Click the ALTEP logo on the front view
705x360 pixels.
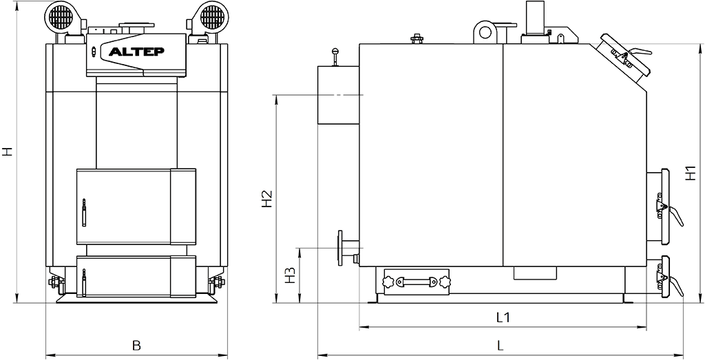pos(137,51)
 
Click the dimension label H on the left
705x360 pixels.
pos(7,151)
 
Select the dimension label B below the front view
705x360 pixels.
pos(137,345)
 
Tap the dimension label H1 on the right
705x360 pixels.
pos(691,173)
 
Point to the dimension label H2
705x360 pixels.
pos(267,199)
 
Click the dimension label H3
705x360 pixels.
pos(290,275)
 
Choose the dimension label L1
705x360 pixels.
pos(503,317)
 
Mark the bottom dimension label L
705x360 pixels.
pos(501,345)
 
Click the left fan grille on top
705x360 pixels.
pos(61,17)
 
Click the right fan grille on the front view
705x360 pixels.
pos(212,17)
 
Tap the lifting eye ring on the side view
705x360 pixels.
pos(485,32)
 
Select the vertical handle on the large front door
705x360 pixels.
pos(83,212)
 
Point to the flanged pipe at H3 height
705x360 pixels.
pos(348,248)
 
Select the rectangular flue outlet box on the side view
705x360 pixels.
pos(339,95)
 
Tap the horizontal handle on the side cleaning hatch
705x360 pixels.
pos(415,282)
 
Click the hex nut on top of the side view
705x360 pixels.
pos(417,39)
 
